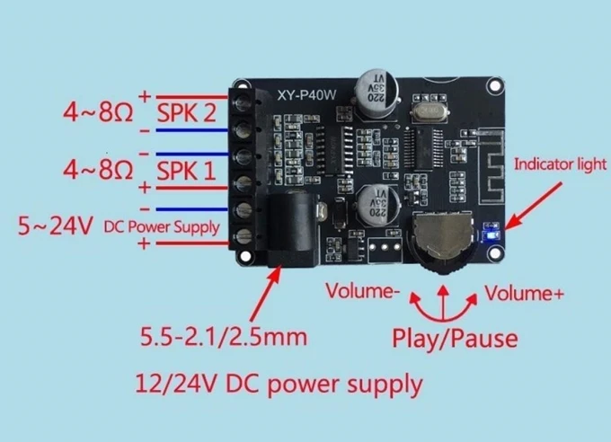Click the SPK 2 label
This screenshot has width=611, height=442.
187,114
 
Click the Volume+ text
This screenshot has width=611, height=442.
524,293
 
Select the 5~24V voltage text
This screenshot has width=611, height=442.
54,225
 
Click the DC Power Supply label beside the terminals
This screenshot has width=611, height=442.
162,226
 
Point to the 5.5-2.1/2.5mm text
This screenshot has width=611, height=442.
223,338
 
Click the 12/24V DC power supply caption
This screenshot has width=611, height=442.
277,385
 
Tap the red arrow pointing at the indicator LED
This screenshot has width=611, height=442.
528,207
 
